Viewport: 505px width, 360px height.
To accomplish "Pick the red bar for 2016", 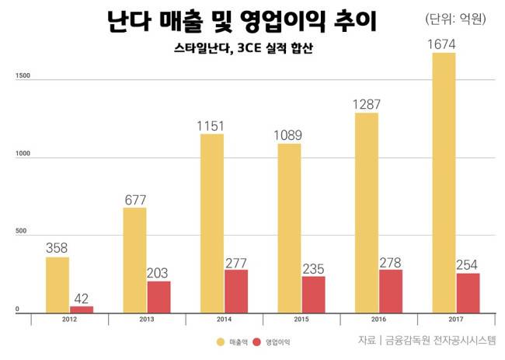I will pyautogui.click(x=390, y=291).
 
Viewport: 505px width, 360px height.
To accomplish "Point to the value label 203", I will pyautogui.click(x=158, y=272).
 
